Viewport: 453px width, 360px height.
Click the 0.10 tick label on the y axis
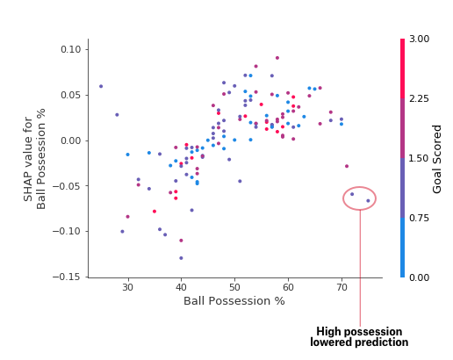coord(70,49)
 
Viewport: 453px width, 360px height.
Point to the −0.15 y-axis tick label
coord(67,277)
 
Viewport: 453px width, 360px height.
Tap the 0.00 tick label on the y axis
coord(70,140)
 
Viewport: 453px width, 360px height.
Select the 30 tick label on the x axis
coord(128,287)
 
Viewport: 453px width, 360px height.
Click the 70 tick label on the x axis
coord(342,287)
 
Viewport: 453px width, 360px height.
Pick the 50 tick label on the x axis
coord(234,287)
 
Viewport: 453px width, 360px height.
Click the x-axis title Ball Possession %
coord(234,301)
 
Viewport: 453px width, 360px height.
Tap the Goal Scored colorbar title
coord(436,159)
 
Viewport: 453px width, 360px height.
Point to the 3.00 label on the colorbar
coord(419,39)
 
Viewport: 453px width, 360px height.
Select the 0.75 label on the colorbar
coord(419,218)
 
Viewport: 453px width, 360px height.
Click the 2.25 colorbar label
coord(419,98)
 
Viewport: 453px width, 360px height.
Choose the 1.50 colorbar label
coord(419,158)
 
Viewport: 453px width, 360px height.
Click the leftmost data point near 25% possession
coord(101,86)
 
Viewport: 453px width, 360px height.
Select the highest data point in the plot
coord(277,58)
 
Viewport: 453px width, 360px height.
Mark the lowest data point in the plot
coord(181,258)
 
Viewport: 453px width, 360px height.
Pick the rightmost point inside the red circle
coord(368,201)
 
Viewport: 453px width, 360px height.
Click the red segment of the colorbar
coord(403,68)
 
